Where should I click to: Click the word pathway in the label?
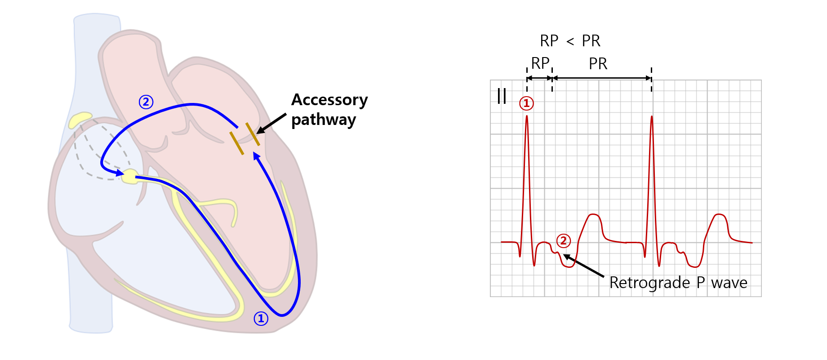pyautogui.click(x=324, y=120)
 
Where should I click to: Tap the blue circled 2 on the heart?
pyautogui.click(x=146, y=102)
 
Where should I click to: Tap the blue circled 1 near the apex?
pyautogui.click(x=261, y=319)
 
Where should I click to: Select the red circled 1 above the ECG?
pyautogui.click(x=526, y=103)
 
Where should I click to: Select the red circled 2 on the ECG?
pyautogui.click(x=564, y=241)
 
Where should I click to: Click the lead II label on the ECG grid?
pyautogui.click(x=502, y=96)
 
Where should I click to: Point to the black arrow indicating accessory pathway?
pyautogui.click(x=271, y=124)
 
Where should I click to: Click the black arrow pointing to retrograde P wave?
pyautogui.click(x=583, y=266)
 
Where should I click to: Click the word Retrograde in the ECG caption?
pyautogui.click(x=649, y=283)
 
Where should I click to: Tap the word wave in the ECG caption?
pyautogui.click(x=729, y=283)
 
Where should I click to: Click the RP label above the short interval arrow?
pyautogui.click(x=540, y=63)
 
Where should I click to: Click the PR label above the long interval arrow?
pyautogui.click(x=598, y=64)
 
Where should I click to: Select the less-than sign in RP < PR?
pyautogui.click(x=570, y=42)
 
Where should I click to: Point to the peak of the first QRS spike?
pyautogui.click(x=527, y=117)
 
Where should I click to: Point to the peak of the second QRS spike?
pyautogui.click(x=652, y=117)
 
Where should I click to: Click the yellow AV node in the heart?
pyautogui.click(x=130, y=176)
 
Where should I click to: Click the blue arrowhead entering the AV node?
pyautogui.click(x=120, y=173)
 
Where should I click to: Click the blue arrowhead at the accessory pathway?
pyautogui.click(x=257, y=156)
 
